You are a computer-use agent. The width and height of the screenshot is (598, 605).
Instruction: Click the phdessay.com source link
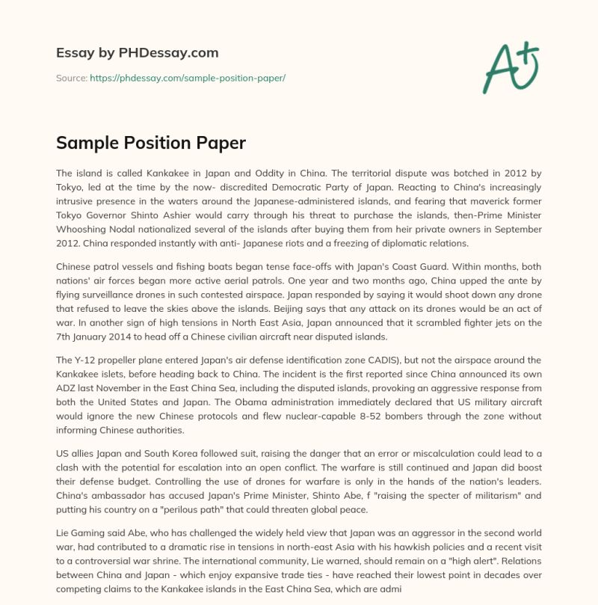coord(188,78)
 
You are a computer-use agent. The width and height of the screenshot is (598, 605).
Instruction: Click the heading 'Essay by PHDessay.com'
coord(138,53)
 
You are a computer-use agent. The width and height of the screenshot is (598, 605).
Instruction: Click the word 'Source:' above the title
coord(72,78)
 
